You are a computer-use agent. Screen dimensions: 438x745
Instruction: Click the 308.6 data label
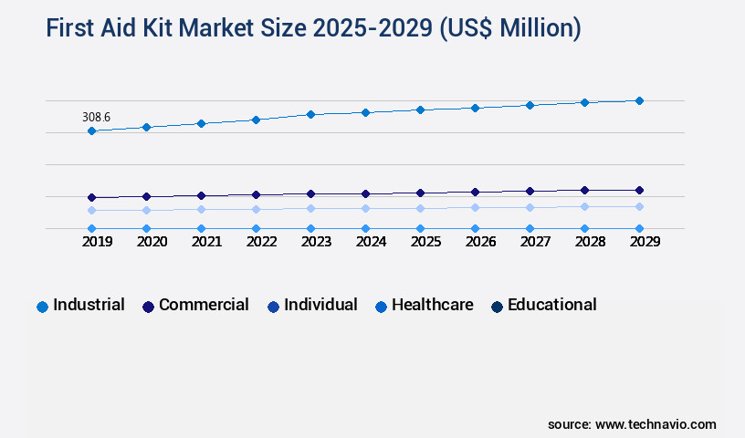pos(96,117)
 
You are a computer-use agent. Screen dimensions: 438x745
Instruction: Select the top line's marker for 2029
pos(639,100)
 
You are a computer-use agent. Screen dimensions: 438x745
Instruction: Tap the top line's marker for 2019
pos(91,130)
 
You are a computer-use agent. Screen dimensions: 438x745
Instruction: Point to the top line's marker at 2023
pos(310,114)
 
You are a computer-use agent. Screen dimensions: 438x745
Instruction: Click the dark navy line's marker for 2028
pos(584,190)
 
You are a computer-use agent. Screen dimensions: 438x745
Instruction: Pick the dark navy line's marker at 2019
pos(91,197)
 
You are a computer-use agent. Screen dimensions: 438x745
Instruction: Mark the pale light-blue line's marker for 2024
pos(365,208)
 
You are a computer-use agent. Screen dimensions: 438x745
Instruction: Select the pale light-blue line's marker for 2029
pos(639,206)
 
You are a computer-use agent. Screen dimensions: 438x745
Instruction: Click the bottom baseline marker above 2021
pos(201,228)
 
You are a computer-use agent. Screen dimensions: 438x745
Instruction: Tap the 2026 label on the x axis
pos(480,242)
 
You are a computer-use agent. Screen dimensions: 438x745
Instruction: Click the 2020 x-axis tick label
pos(152,242)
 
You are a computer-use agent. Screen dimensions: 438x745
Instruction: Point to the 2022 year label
pos(261,242)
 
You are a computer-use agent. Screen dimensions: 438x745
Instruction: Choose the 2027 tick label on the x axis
pos(535,242)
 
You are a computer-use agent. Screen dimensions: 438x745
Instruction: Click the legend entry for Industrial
pos(89,305)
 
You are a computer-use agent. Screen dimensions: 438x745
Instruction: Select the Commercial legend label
pos(204,305)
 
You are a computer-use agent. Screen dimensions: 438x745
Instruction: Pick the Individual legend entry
pos(320,305)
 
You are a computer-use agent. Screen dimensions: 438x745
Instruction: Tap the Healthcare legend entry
pos(432,305)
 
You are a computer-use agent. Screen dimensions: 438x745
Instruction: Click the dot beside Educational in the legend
pos(498,307)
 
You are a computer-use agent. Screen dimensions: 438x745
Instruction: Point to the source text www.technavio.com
pos(656,424)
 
